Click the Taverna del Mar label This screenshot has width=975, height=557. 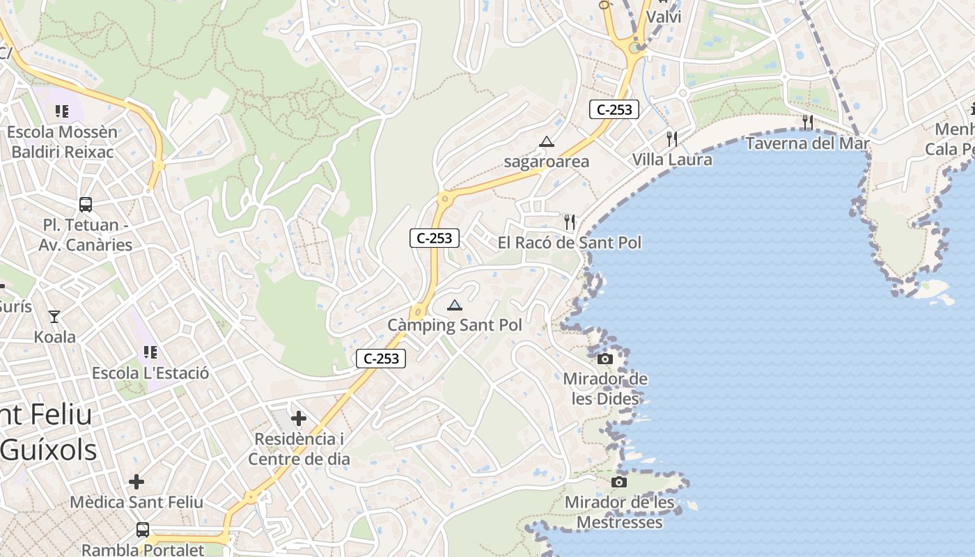click(807, 143)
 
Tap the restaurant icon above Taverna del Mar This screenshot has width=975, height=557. click(807, 123)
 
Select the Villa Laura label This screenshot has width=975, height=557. click(672, 159)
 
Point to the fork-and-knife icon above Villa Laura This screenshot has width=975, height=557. click(671, 139)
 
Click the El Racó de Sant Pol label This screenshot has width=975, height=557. click(570, 242)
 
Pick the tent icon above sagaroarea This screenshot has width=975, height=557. click(547, 142)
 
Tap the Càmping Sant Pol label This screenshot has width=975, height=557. click(455, 325)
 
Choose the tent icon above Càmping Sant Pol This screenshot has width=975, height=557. click(455, 305)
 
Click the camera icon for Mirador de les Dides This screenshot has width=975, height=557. click(605, 359)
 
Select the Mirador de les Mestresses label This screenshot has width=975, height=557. click(619, 512)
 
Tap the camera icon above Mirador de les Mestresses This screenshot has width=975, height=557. click(619, 482)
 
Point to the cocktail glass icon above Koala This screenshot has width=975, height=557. click(54, 317)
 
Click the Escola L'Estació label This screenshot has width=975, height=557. click(150, 372)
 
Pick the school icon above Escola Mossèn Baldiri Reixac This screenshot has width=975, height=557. click(62, 111)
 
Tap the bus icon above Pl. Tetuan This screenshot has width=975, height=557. click(86, 205)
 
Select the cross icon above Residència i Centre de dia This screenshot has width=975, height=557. click(299, 418)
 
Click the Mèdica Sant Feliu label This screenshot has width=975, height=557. click(136, 502)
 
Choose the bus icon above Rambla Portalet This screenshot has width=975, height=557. click(143, 530)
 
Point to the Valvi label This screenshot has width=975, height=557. click(664, 17)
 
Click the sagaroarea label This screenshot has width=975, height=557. click(547, 162)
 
